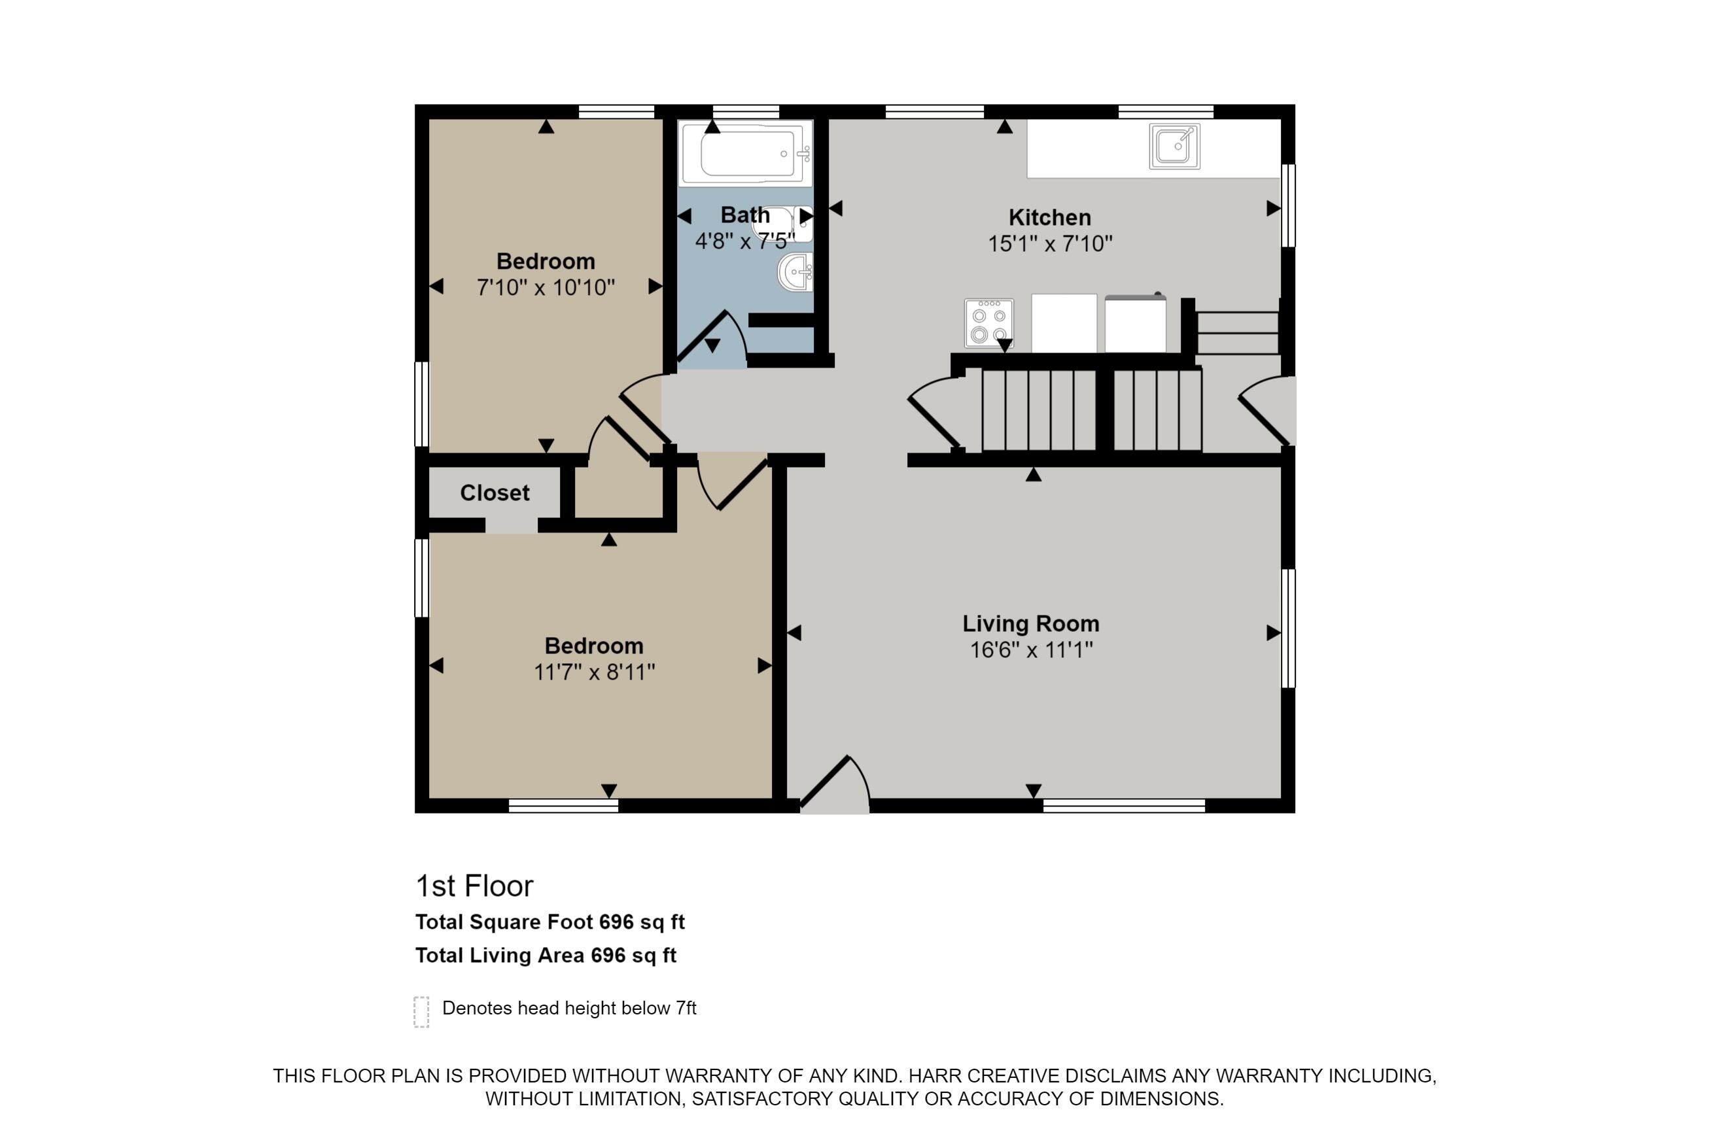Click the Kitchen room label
[x=1049, y=217]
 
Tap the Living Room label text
[x=1030, y=624]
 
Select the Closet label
[x=495, y=493]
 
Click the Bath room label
[x=744, y=215]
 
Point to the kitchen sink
[x=1174, y=146]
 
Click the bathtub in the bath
[x=746, y=154]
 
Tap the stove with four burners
[x=988, y=323]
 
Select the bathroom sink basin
[x=795, y=273]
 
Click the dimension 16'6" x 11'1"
[x=1031, y=650]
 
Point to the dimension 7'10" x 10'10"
[x=546, y=288]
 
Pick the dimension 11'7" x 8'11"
[x=594, y=672]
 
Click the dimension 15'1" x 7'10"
[x=1050, y=243]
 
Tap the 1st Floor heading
[x=474, y=886]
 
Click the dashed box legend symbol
[x=421, y=1012]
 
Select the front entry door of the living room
[x=835, y=786]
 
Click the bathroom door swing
[x=712, y=339]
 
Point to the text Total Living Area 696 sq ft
[x=546, y=956]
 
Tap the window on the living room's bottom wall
[x=1124, y=806]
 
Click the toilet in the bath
[x=782, y=224]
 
